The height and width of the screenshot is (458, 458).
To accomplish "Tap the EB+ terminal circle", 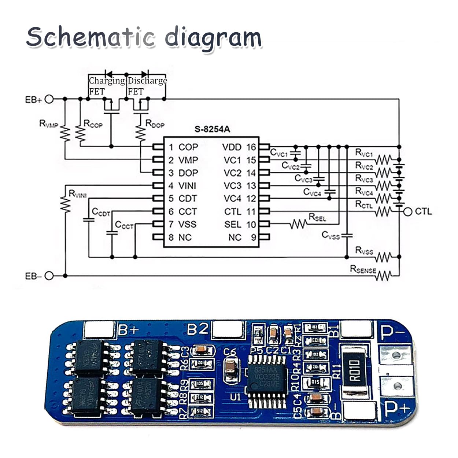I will click(49, 99).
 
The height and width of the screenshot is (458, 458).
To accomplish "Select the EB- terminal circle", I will click(49, 276).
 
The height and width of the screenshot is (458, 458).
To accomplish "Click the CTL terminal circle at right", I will click(407, 211).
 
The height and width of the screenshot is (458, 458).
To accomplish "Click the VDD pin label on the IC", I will click(232, 147).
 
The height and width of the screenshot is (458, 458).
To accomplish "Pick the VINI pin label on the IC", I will click(187, 186).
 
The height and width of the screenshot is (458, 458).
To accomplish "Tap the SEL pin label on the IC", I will click(233, 224).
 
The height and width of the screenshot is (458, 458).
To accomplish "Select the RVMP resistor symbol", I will click(65, 134).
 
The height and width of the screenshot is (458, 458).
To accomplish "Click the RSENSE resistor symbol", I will click(383, 276).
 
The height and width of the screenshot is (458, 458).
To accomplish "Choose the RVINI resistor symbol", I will click(65, 205).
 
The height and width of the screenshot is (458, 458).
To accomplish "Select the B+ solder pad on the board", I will click(99, 329).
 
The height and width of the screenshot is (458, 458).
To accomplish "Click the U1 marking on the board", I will click(236, 397).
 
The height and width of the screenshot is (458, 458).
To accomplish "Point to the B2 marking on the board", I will click(197, 329).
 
